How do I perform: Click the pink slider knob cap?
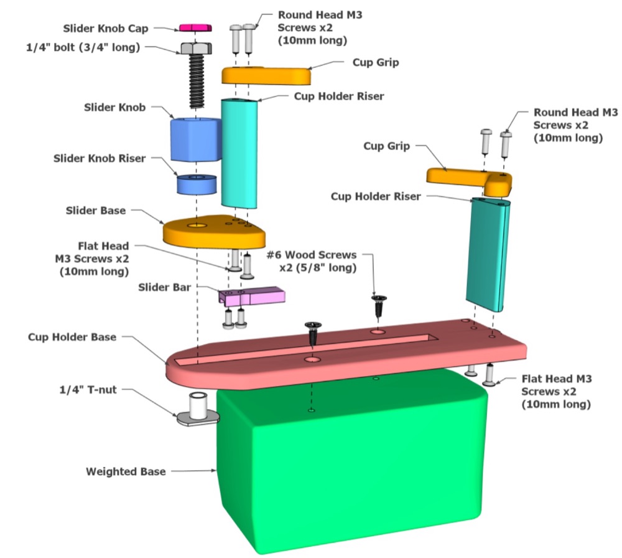click(x=195, y=27)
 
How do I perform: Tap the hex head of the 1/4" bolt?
click(x=197, y=49)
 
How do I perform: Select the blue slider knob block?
click(x=195, y=139)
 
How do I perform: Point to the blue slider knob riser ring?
click(x=197, y=184)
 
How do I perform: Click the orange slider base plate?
click(x=214, y=232)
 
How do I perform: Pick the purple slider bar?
click(x=251, y=296)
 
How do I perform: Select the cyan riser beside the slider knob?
click(x=239, y=153)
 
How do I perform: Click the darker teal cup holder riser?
click(x=488, y=254)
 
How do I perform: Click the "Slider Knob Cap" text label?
click(x=106, y=29)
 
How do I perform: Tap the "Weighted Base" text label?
click(x=126, y=471)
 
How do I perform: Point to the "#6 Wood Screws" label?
click(x=312, y=255)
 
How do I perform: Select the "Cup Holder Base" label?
click(x=72, y=337)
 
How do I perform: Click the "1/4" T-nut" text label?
click(x=88, y=390)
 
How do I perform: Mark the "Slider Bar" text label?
click(x=164, y=287)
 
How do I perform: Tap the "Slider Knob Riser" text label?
click(x=100, y=158)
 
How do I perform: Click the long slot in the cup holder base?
click(x=305, y=349)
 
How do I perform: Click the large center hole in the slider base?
click(x=197, y=225)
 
